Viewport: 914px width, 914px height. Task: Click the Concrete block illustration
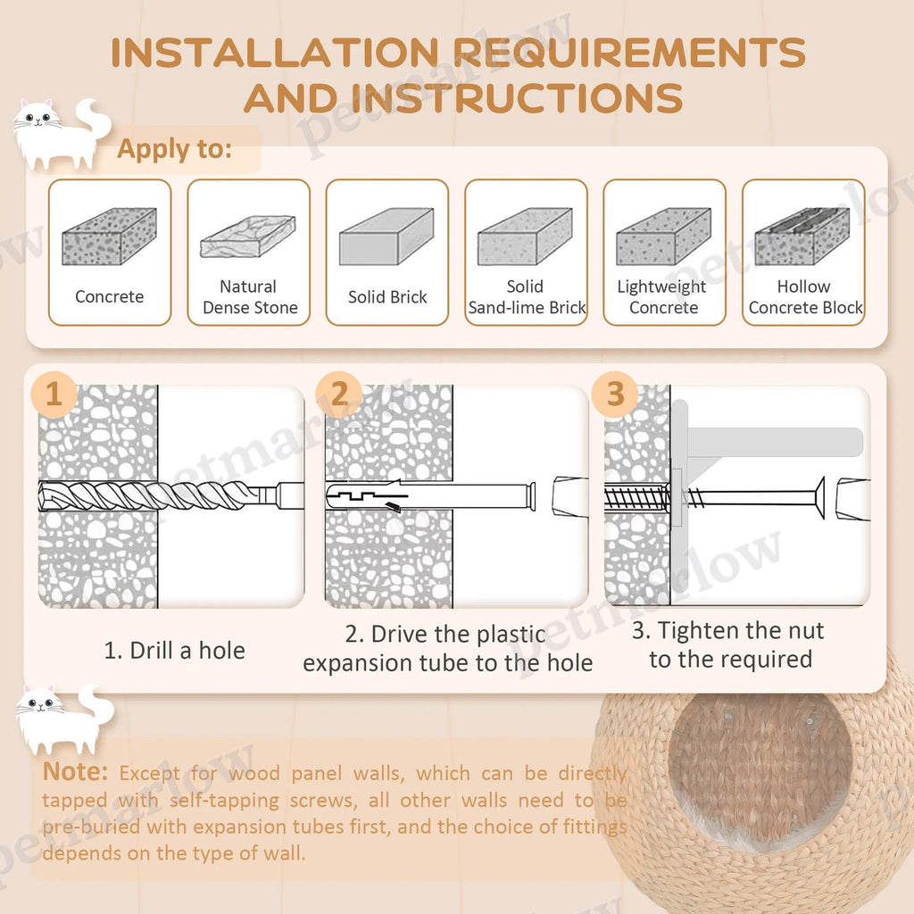[110, 236]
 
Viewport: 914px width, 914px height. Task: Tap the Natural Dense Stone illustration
[248, 237]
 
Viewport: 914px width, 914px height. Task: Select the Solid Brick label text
[387, 296]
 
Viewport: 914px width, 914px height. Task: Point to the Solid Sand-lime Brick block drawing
[525, 236]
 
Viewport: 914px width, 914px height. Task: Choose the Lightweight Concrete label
[663, 296]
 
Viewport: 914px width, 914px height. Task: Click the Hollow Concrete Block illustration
[802, 236]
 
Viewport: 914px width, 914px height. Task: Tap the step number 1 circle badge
[54, 394]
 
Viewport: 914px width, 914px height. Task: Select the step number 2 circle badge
[338, 394]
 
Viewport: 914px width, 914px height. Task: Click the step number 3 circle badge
[615, 394]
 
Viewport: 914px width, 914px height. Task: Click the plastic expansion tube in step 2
[431, 496]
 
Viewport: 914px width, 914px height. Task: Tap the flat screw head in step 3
[819, 497]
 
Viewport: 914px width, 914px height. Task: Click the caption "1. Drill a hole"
[174, 651]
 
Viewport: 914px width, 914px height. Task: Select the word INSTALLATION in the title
[275, 53]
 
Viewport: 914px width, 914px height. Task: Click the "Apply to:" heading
[175, 149]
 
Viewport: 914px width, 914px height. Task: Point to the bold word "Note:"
[75, 772]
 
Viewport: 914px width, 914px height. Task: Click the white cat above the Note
[64, 720]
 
